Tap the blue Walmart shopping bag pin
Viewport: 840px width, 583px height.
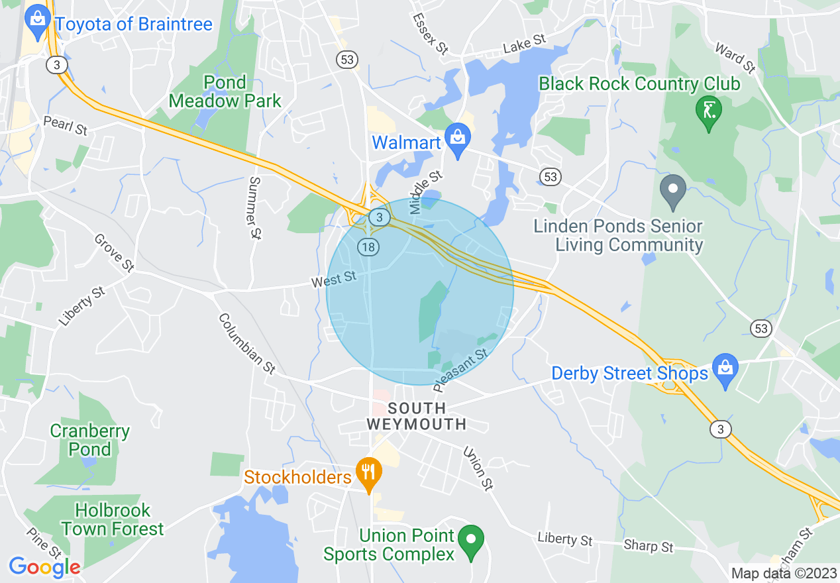[x=457, y=138]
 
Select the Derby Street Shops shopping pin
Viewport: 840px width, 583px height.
[x=725, y=369]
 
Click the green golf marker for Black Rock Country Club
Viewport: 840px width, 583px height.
[x=708, y=111]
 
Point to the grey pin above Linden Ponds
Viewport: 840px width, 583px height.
[x=674, y=189]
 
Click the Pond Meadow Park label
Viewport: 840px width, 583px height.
[x=225, y=91]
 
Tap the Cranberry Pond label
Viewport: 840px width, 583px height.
[x=90, y=440]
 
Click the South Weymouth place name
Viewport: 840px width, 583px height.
[x=416, y=416]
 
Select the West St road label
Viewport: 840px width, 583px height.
[x=334, y=280]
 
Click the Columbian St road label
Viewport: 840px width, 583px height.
[x=246, y=344]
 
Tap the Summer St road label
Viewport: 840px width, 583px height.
[x=254, y=207]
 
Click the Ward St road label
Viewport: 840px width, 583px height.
[x=735, y=58]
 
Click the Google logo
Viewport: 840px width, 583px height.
[x=44, y=567]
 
